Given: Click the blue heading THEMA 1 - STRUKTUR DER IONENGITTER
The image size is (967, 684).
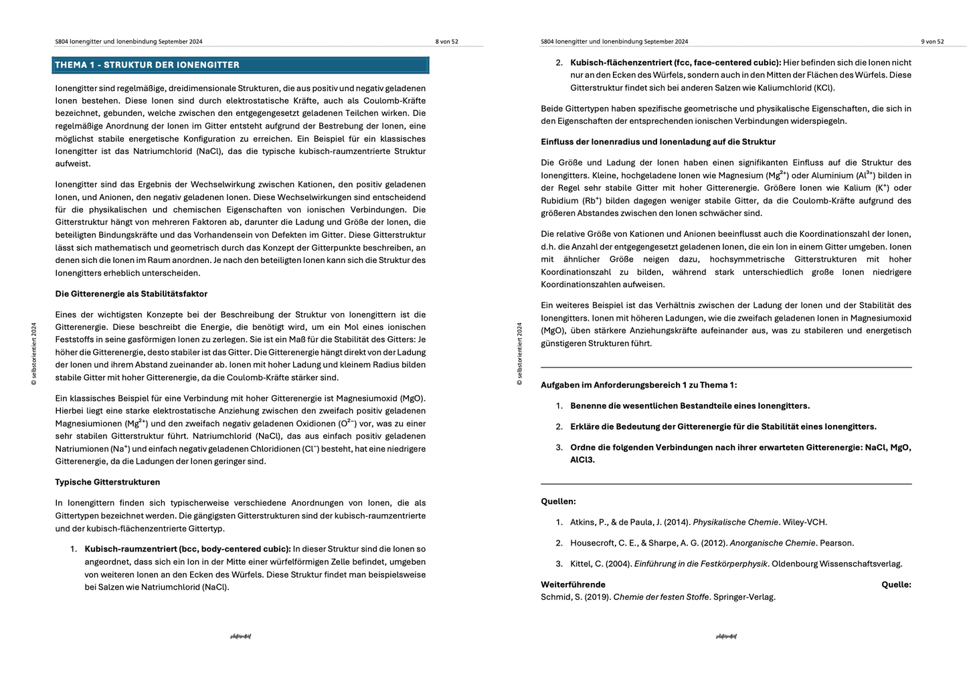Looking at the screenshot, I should point(147,65).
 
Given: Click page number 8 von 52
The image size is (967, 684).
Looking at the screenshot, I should point(446,41).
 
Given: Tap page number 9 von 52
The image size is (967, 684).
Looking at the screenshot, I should point(932,41).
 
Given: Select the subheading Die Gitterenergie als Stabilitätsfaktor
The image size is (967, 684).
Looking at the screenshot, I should point(131,294).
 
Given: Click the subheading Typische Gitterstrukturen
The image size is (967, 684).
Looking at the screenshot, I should point(107,482).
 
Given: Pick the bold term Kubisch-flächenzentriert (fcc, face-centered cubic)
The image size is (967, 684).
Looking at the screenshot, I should point(675,62).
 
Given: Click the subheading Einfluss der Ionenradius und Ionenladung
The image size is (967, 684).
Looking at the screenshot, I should point(658,142).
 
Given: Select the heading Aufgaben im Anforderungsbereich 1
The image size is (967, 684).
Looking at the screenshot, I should point(638,385).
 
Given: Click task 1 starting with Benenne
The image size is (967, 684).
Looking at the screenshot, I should point(689,406).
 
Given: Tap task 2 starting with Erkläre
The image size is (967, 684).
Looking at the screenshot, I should point(723,426).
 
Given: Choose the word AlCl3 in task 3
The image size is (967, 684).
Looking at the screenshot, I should point(582,460).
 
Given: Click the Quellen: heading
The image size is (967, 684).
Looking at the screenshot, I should point(558,501).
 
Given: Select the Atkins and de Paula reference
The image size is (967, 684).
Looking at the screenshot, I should point(698,522).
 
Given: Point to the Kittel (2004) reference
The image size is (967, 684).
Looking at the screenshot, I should point(735,564).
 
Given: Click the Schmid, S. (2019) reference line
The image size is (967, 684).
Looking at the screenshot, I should point(658,597).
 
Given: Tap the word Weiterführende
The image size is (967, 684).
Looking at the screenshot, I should point(573,584).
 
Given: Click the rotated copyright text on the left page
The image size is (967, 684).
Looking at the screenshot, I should point(34,354).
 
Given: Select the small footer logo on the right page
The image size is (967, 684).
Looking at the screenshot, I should point(726,636).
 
